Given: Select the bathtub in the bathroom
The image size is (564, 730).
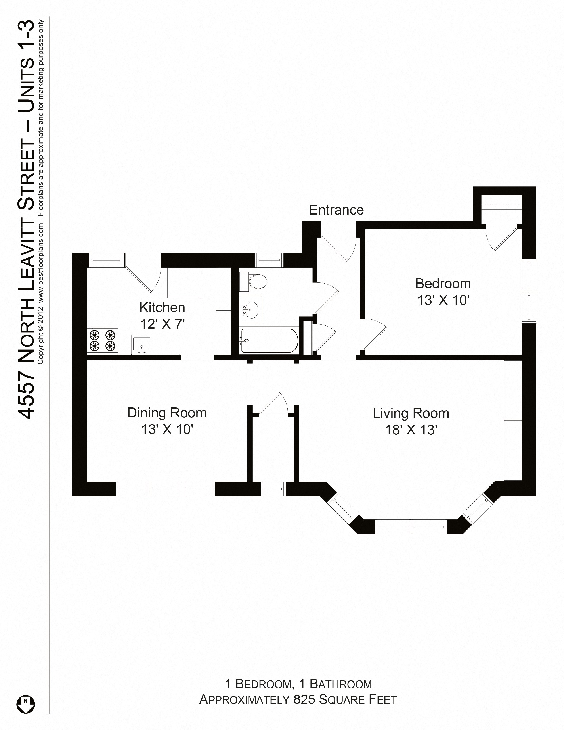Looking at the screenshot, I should tap(269, 341).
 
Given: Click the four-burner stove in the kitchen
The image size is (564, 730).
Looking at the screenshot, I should tap(103, 341).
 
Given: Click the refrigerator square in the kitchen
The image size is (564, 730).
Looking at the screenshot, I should tap(185, 282).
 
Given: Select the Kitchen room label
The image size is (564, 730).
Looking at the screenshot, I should tap(162, 307).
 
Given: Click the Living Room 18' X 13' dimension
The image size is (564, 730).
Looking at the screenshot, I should tap(411, 430).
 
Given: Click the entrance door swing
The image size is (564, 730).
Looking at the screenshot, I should tap(338, 249).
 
